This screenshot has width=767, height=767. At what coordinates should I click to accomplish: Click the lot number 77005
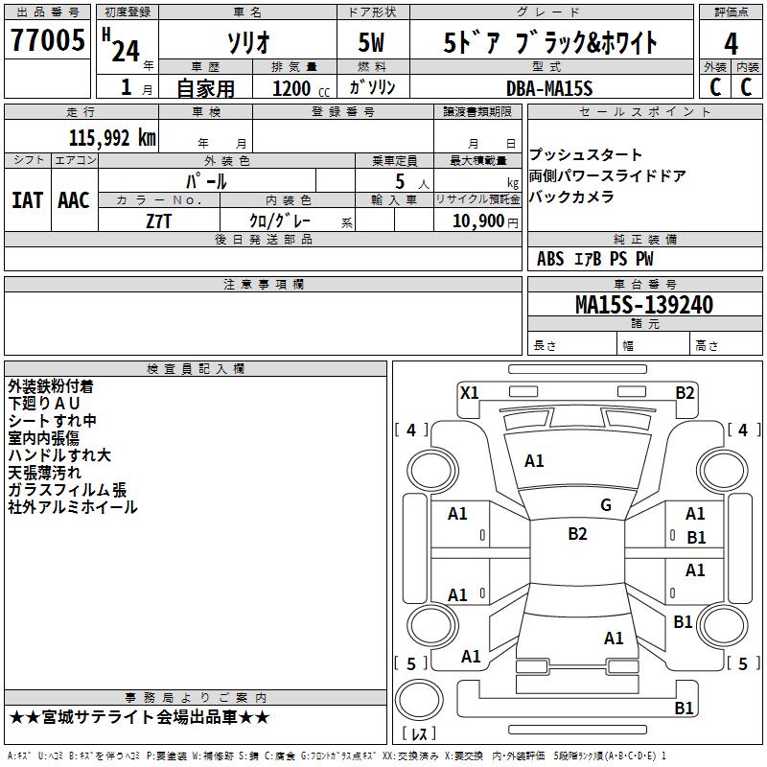(x=47, y=42)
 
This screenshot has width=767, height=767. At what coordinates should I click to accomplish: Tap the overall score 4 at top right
(x=731, y=44)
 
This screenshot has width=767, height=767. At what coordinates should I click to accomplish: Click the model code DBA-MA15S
(x=549, y=87)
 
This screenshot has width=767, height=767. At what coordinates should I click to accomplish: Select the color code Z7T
(x=159, y=220)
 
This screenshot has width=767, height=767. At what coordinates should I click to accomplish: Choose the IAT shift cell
(x=27, y=200)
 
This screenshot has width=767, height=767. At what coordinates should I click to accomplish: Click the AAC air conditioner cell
(x=74, y=200)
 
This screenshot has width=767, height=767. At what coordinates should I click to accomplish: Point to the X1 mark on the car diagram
(x=469, y=392)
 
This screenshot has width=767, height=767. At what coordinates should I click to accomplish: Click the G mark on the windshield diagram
(x=605, y=505)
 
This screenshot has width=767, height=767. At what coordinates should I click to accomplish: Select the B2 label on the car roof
(x=577, y=534)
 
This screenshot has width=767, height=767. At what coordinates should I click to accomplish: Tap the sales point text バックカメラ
(x=571, y=197)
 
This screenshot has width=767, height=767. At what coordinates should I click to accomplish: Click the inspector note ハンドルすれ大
(x=58, y=455)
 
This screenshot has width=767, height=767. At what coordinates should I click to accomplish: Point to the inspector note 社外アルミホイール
(x=73, y=507)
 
